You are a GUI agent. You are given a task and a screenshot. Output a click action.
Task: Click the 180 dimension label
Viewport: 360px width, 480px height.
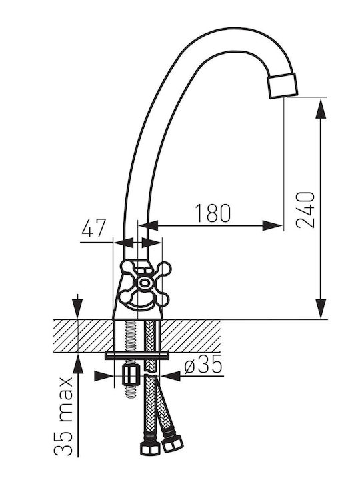tap(213, 213)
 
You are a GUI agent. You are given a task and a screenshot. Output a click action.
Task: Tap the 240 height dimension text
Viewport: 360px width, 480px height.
tap(305, 210)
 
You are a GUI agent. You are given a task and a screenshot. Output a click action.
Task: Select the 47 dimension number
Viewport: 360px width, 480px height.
tap(94, 227)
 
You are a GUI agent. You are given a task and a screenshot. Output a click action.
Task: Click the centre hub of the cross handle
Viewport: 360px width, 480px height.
tap(143, 283)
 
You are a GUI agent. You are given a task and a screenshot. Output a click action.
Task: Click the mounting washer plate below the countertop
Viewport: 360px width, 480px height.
tap(137, 355)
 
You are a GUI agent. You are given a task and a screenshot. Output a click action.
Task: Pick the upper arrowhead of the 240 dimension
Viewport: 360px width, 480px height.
tap(321, 108)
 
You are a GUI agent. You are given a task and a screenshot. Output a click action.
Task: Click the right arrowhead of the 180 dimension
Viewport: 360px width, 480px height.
tap(272, 226)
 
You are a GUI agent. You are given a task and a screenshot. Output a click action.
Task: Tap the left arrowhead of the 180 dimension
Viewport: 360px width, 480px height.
tap(148, 226)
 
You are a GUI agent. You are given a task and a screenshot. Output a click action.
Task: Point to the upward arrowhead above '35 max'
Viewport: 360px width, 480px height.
tap(78, 363)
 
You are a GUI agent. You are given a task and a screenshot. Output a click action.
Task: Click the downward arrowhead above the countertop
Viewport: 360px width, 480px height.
tap(78, 309)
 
